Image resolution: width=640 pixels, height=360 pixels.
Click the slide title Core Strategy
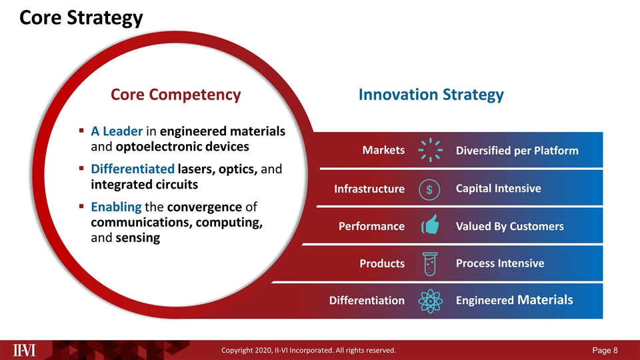point(81,18)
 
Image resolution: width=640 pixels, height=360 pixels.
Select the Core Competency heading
point(175,95)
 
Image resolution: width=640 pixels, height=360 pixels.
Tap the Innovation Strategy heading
point(431,95)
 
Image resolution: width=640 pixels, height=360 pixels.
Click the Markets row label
point(383,151)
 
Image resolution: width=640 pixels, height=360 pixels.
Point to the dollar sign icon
point(429,189)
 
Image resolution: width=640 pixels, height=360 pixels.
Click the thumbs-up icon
point(430,226)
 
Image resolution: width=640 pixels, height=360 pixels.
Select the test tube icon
point(430,263)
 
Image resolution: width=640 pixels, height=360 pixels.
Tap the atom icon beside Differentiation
point(430,301)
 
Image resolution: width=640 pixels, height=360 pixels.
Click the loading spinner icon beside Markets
point(430,151)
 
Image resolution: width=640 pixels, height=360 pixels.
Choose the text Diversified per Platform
point(517,151)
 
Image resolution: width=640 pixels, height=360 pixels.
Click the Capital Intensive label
point(498,189)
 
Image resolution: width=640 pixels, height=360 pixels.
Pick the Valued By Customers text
point(509,227)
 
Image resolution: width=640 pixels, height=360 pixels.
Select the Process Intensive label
point(499,263)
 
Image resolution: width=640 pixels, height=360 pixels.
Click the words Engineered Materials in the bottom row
point(514,300)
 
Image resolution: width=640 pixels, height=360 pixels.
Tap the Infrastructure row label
point(369,190)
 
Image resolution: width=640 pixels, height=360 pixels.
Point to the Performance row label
point(372,227)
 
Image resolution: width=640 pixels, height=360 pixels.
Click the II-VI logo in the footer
point(26,349)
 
